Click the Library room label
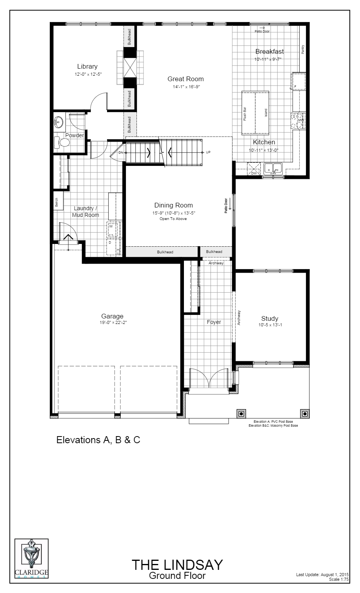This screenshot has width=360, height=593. click(87, 67)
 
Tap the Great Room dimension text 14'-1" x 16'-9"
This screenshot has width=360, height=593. click(185, 87)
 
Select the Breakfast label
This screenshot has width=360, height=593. click(269, 51)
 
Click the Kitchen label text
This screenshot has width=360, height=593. click(264, 142)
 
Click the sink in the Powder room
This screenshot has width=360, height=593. click(58, 122)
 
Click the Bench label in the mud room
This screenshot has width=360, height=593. click(57, 203)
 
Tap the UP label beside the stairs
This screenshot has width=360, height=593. click(208, 152)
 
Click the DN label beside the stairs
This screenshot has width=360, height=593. click(121, 152)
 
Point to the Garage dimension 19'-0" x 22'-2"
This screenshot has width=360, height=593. click(112, 322)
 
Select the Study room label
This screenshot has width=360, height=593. click(270, 319)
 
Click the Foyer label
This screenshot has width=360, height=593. click(214, 322)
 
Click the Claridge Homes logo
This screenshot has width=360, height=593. click(31, 558)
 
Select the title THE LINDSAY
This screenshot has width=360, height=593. click(177, 565)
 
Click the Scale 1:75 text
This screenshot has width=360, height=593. click(339, 579)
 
